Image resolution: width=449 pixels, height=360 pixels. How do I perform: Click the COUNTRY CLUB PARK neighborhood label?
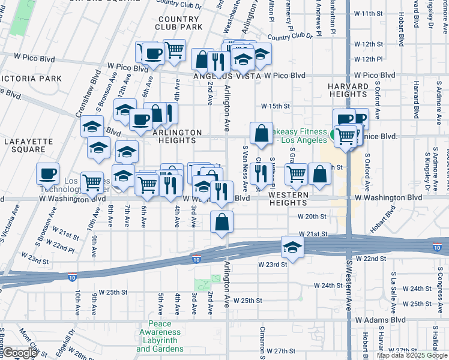[x=178, y=23]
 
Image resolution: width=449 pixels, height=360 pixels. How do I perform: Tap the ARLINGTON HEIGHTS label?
[x=177, y=136]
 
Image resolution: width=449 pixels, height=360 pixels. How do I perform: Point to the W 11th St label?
[x=368, y=13]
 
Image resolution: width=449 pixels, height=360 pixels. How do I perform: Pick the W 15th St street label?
[x=276, y=106]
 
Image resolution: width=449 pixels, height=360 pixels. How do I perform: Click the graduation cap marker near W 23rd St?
[x=292, y=247]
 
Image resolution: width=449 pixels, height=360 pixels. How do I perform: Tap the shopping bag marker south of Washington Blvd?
[x=222, y=221]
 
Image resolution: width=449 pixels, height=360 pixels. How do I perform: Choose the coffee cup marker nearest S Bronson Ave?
[x=47, y=174]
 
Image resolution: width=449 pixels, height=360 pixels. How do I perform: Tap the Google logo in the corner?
[x=19, y=353]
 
